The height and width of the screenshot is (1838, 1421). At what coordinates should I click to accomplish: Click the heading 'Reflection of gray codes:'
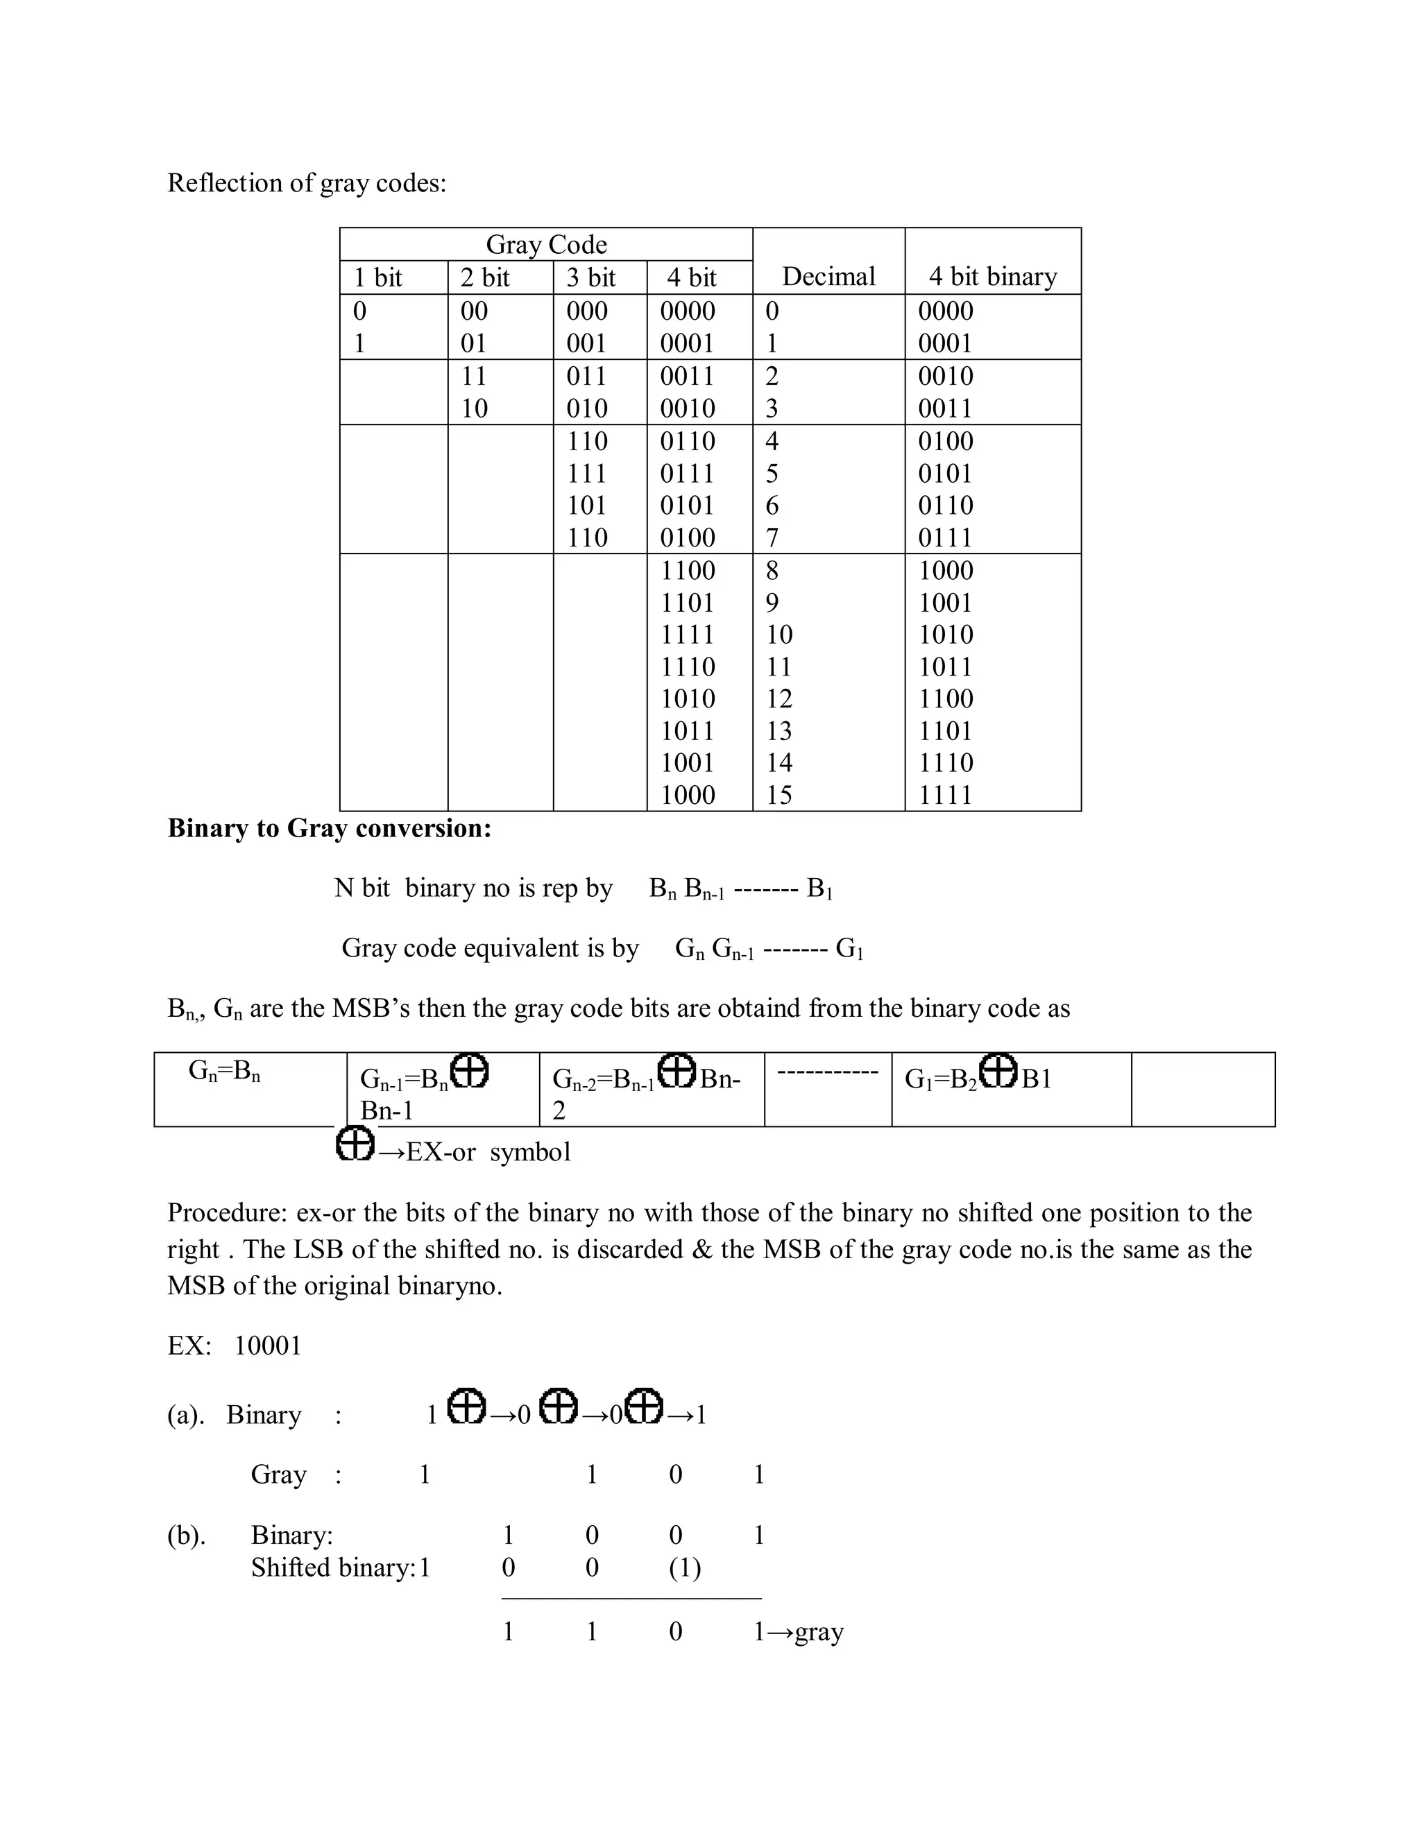[307, 182]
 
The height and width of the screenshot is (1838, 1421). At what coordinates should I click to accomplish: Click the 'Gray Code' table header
[545, 244]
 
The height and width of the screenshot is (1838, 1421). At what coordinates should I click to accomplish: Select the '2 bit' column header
[485, 277]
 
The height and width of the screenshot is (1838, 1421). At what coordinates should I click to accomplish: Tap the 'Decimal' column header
[828, 276]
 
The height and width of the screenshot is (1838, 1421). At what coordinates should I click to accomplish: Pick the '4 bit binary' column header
[992, 276]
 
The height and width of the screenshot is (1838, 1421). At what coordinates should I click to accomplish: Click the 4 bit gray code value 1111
[687, 635]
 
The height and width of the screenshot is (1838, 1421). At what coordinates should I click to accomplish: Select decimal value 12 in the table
[778, 698]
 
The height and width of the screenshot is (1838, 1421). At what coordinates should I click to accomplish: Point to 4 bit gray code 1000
[687, 794]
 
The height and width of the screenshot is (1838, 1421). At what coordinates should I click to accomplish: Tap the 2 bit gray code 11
[474, 375]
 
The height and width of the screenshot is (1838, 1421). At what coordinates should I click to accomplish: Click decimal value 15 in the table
[778, 794]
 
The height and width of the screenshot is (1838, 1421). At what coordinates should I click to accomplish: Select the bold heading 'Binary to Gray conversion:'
[329, 828]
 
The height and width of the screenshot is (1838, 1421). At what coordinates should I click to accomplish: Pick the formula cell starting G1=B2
[978, 1077]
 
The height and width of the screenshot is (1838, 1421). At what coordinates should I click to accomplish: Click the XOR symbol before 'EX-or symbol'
[355, 1144]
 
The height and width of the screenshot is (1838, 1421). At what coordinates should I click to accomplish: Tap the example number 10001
[267, 1345]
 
